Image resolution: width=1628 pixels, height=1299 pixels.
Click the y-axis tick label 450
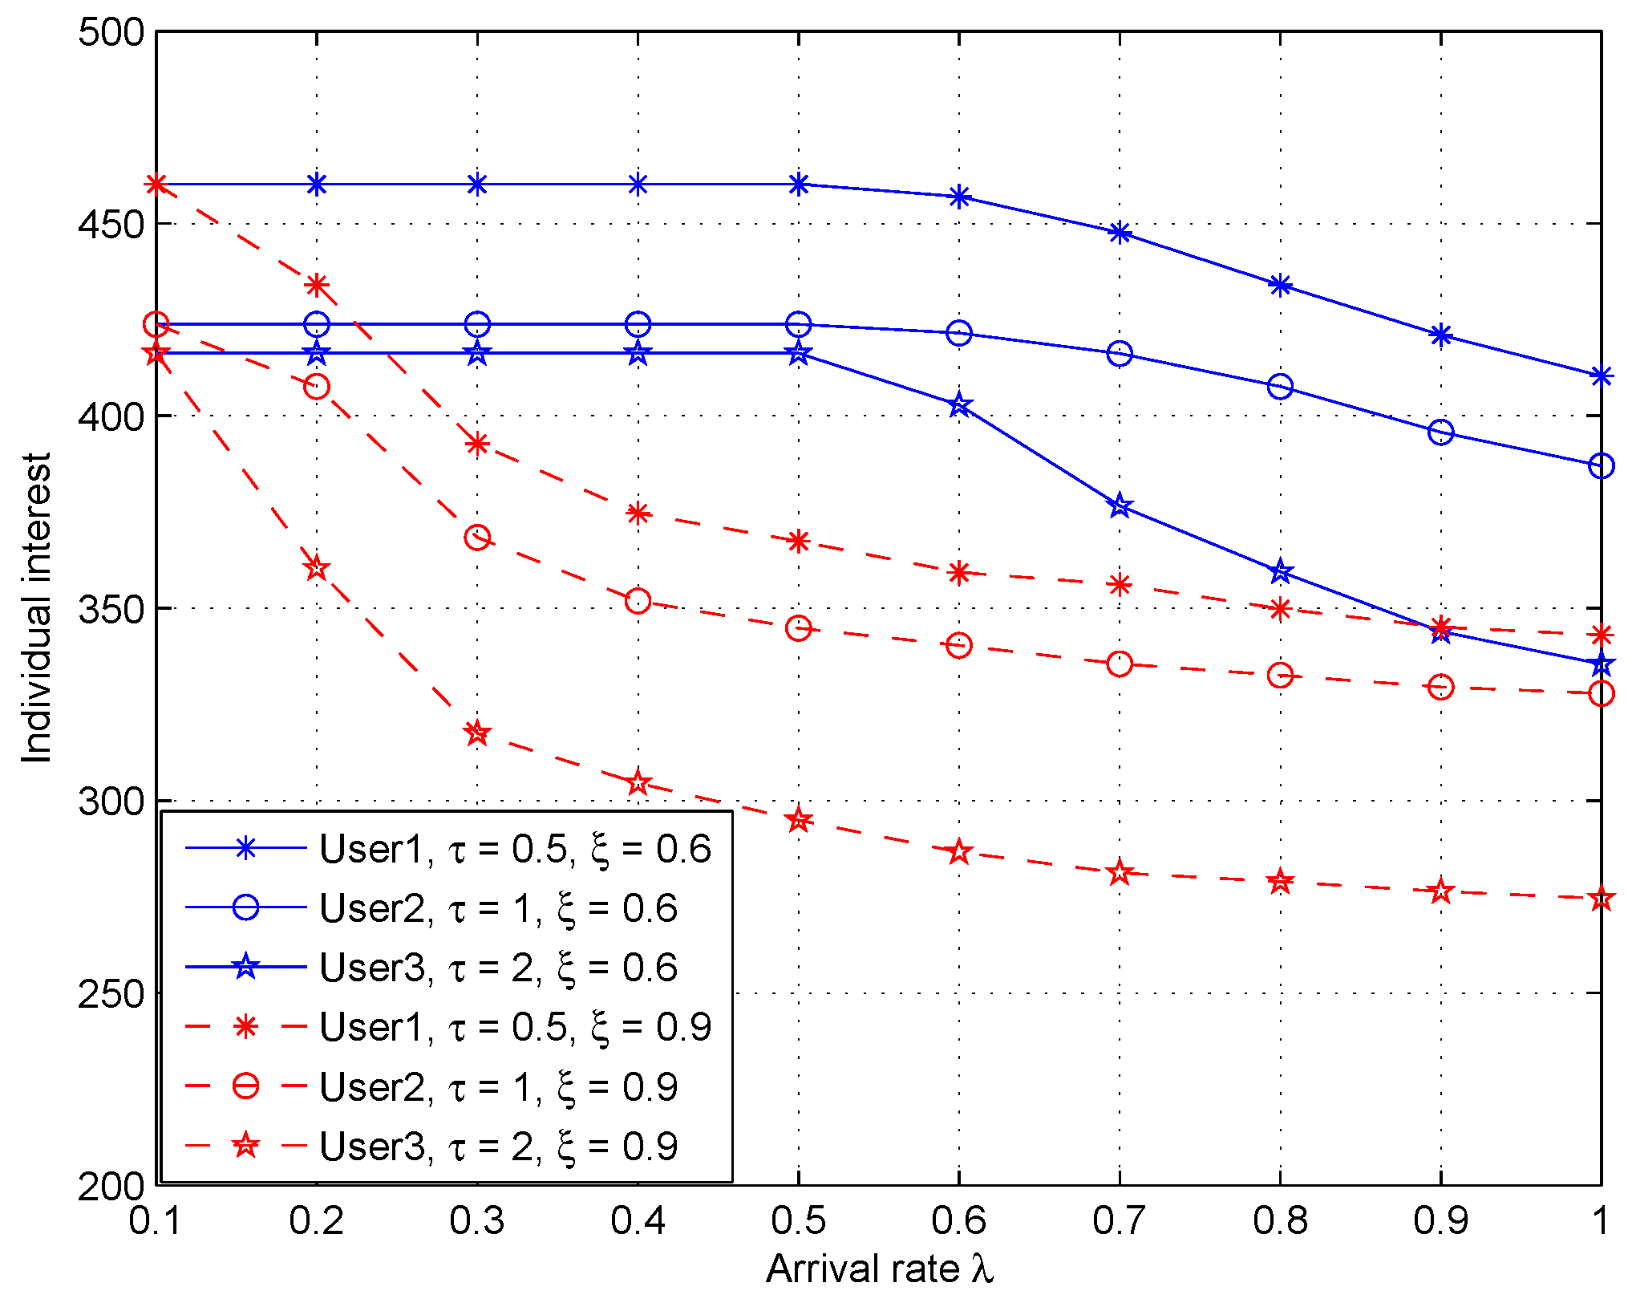point(111,224)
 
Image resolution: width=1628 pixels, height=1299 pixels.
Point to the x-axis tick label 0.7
point(1120,1220)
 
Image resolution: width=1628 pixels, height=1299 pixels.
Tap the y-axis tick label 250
point(111,993)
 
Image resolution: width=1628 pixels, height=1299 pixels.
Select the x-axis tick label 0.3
point(477,1220)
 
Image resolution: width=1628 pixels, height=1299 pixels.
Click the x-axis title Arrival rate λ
point(879,1269)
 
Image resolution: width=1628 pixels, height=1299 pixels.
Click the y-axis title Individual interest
point(37,607)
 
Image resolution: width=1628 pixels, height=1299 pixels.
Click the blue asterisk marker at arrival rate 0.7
point(1120,233)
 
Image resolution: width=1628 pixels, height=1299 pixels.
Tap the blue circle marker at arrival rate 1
point(1601,465)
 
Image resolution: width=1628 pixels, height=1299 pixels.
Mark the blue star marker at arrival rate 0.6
point(959,405)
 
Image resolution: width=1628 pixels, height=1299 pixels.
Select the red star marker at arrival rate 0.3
point(477,733)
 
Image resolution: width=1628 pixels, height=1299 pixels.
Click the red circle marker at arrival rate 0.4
point(638,601)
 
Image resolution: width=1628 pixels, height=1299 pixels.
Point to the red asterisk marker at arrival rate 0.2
point(317,285)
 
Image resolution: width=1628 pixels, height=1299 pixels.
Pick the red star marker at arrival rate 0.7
point(1120,872)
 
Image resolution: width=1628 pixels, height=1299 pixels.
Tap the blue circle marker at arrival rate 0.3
point(477,324)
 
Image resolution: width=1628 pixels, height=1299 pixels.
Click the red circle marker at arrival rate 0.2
point(317,387)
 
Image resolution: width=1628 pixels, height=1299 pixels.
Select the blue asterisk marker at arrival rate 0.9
point(1441,335)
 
